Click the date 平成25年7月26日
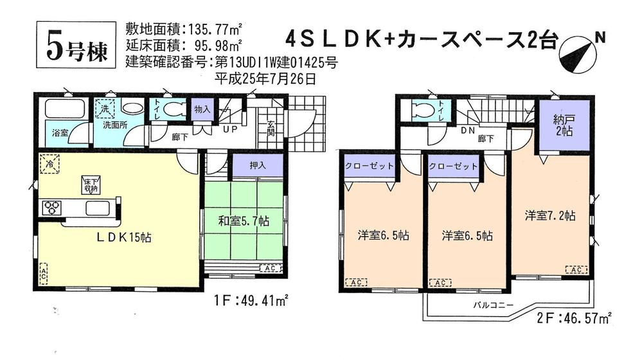[x=265, y=78]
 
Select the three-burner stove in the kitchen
[x=52, y=207]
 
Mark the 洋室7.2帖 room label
[x=549, y=216]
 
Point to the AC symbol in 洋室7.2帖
[x=575, y=270]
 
